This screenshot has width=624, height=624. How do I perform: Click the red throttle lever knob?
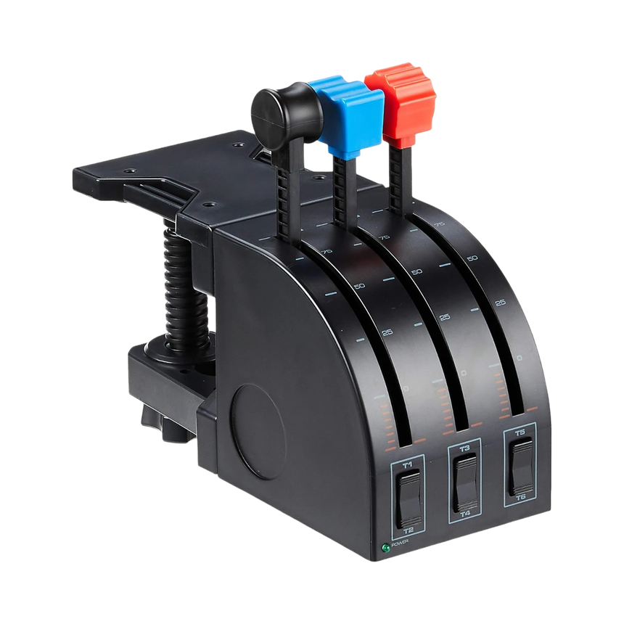coord(401,102)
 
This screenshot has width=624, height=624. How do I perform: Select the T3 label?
coord(464,448)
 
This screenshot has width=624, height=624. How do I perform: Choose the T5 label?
coord(520,432)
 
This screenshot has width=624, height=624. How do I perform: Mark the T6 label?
coord(521,497)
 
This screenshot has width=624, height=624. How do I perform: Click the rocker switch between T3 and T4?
coord(465,481)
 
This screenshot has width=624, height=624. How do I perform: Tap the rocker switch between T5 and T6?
coord(520,464)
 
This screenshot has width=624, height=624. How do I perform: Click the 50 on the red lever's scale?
coord(472,258)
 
